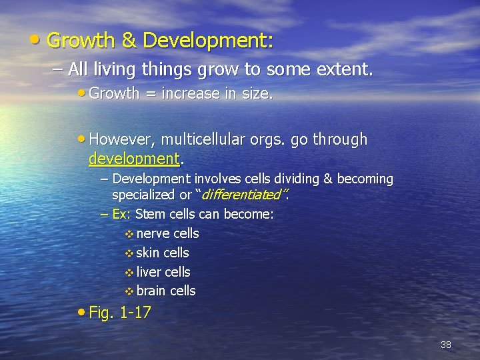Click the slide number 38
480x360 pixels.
tap(446, 345)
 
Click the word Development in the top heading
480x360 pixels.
tap(207, 41)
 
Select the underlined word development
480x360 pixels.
tap(134, 159)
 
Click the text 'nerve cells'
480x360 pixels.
tap(167, 233)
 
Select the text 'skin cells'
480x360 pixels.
tap(163, 253)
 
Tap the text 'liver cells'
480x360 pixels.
tap(163, 272)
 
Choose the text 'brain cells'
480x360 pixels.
tap(166, 291)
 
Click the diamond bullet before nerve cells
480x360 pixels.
tap(129, 234)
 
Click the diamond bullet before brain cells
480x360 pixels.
tap(129, 291)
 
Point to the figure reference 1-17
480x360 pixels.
tap(135, 313)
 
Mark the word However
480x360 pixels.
tap(115, 139)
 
